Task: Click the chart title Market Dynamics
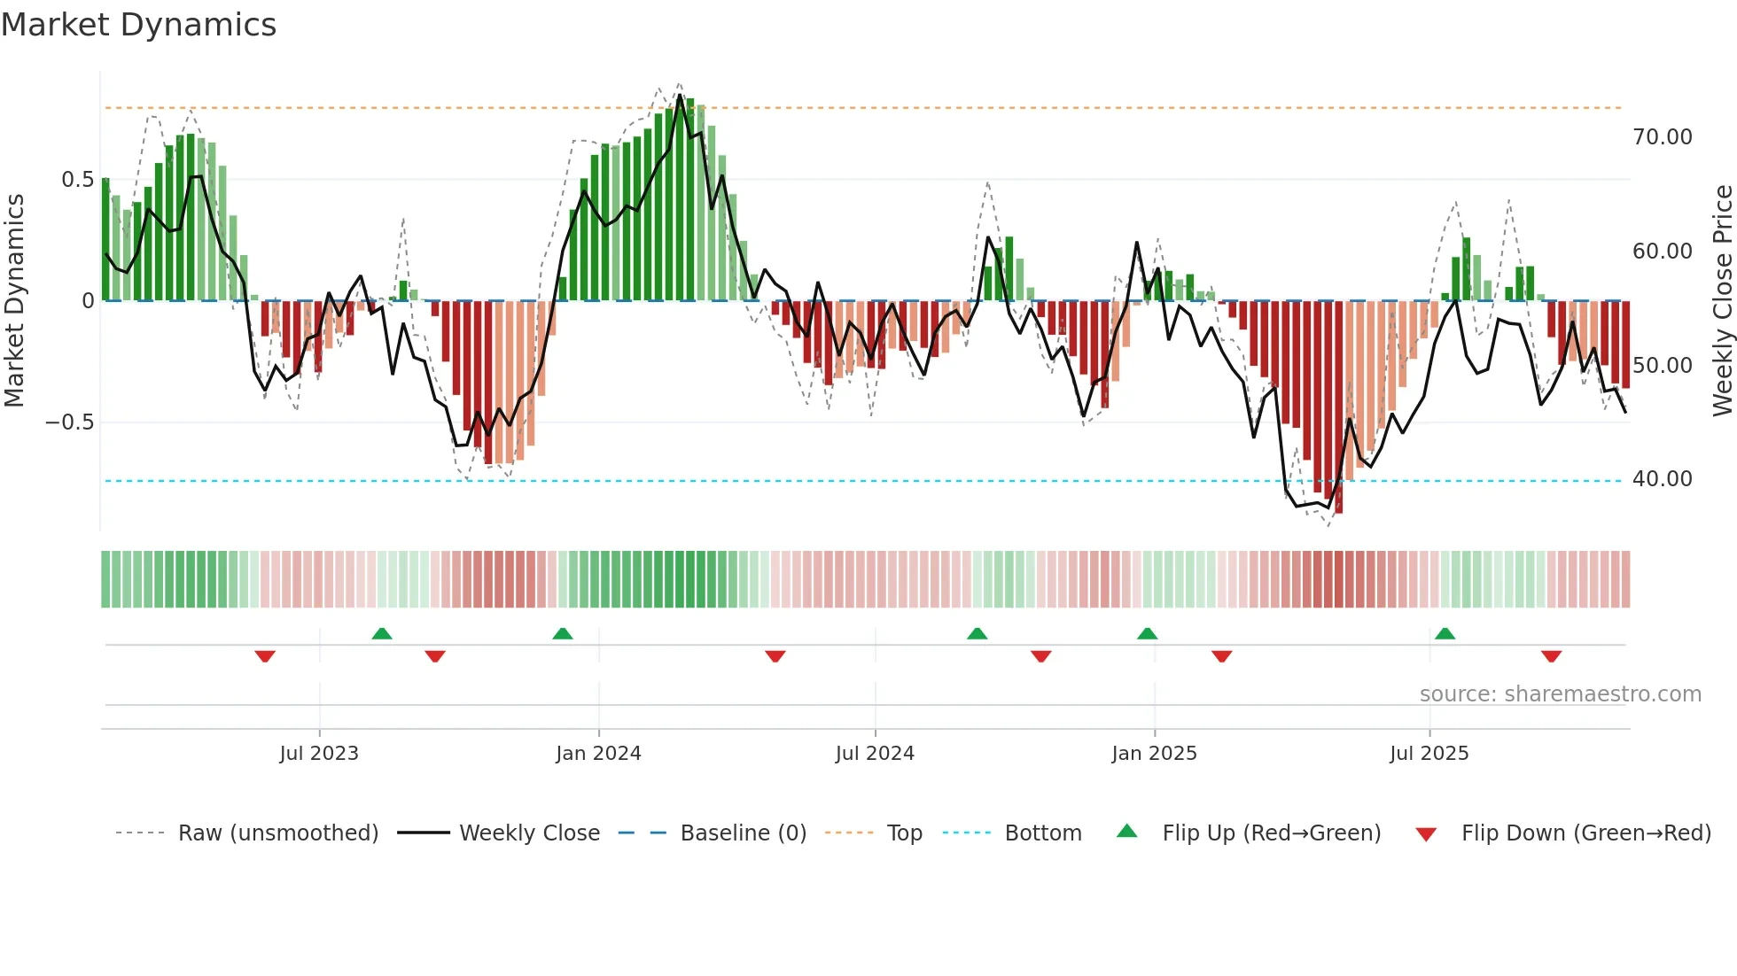138,25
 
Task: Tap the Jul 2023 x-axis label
319,754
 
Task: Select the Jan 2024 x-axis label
598,754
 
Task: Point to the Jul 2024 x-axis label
875,754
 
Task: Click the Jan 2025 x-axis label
1154,754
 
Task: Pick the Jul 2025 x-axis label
1429,754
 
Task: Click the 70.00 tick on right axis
1662,137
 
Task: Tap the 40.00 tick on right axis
1662,479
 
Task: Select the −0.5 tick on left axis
69,422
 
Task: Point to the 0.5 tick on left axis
77,180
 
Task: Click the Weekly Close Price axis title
1722,300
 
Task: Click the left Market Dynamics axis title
14,300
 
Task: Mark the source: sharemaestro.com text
1560,694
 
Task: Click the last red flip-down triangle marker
1551,656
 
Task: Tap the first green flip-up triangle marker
382,634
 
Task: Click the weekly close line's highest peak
681,95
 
